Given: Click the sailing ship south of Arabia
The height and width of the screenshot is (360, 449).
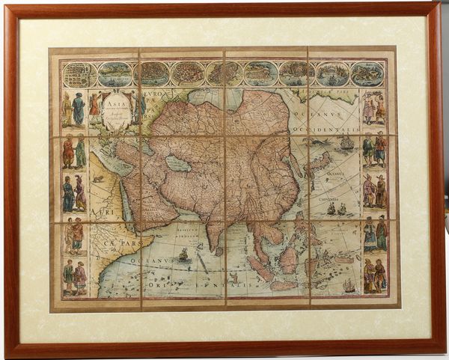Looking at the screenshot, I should tap(183, 255).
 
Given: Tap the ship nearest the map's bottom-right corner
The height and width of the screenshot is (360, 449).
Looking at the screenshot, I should tap(349, 285).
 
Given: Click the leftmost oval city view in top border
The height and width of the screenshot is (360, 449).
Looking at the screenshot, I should tap(79, 74).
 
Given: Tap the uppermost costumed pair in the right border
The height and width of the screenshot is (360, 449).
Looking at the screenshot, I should tap(373, 108).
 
